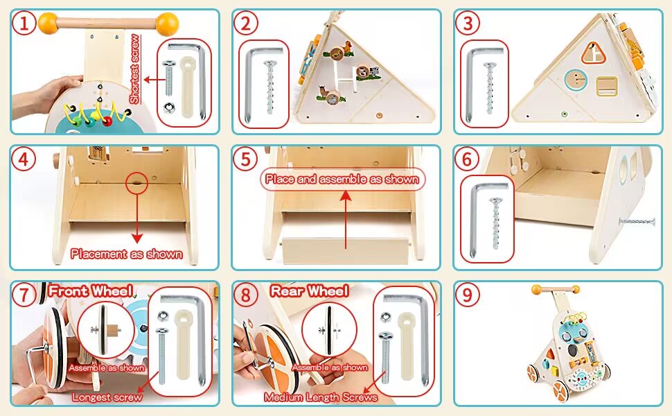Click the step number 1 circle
pyautogui.click(x=25, y=24)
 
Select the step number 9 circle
pyautogui.click(x=469, y=295)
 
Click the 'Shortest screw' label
pyautogui.click(x=134, y=69)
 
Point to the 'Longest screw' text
pyautogui.click(x=107, y=397)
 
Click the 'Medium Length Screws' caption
pyautogui.click(x=321, y=397)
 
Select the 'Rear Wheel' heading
pyautogui.click(x=309, y=291)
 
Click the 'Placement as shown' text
pyautogui.click(x=126, y=254)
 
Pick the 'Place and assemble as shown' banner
pyautogui.click(x=344, y=179)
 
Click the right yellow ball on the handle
pyautogui.click(x=166, y=24)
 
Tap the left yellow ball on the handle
pyautogui.click(x=48, y=23)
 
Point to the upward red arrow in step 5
pyautogui.click(x=345, y=218)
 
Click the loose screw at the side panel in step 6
pyautogui.click(x=637, y=221)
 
